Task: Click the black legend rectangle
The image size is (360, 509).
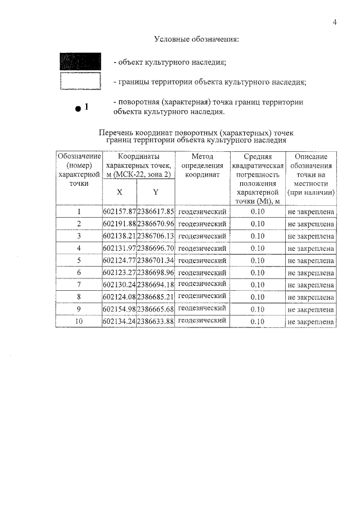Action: [x=80, y=61]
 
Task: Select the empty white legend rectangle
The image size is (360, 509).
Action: [x=80, y=82]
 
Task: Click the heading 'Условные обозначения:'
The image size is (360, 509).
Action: [x=196, y=40]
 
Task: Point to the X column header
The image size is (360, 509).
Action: [x=119, y=192]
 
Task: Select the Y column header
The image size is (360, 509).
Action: [x=156, y=192]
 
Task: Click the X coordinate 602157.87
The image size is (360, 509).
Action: [x=120, y=212]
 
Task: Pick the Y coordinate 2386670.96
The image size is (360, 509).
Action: [x=156, y=224]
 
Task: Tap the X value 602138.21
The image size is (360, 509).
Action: [x=120, y=236]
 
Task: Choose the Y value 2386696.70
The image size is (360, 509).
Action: [x=156, y=249]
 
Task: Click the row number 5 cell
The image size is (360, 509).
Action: [x=79, y=261]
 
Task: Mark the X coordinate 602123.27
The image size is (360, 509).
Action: [x=120, y=273]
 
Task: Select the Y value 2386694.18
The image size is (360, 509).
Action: [x=156, y=285]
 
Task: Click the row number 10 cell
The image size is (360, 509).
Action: [x=79, y=322]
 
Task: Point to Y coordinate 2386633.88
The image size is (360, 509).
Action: [x=156, y=322]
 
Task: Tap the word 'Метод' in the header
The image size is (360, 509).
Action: [x=202, y=156]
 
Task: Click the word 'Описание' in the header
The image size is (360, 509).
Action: [x=310, y=156]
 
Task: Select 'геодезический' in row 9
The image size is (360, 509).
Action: [x=202, y=309]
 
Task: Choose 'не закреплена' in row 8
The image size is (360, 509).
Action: [x=310, y=297]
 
